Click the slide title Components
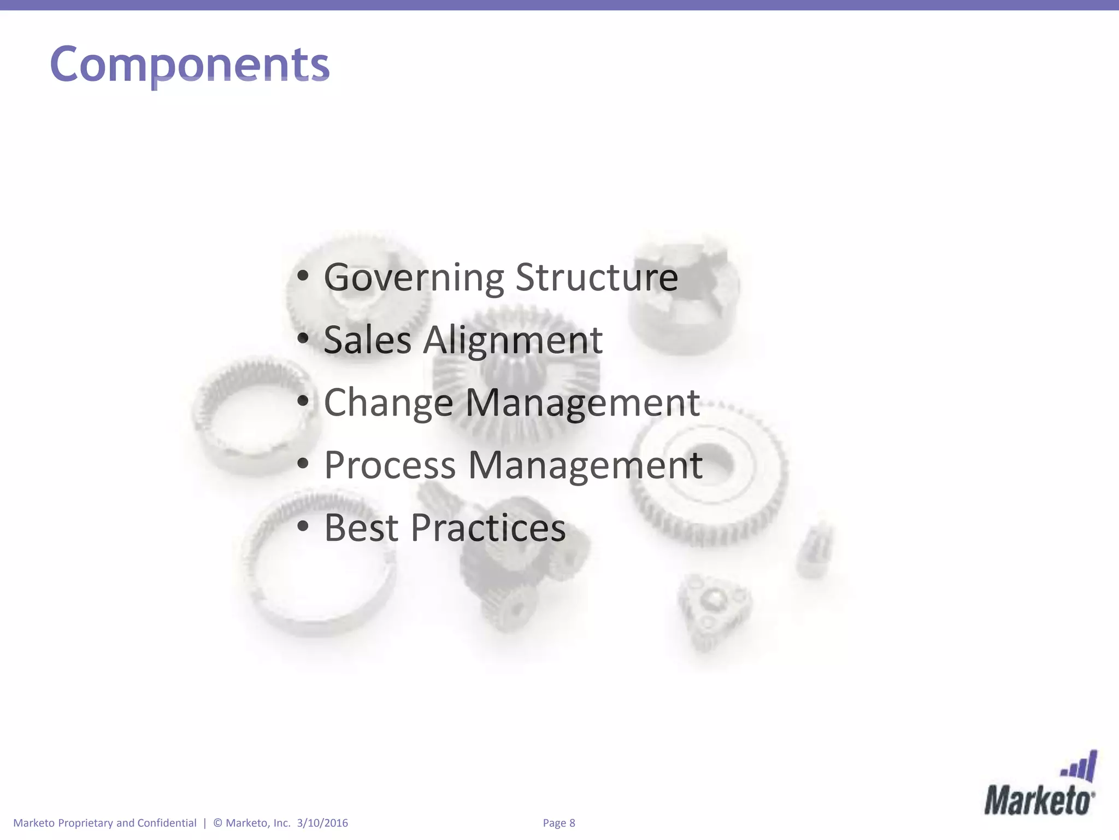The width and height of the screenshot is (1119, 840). point(190,65)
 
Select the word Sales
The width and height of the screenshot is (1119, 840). point(367,340)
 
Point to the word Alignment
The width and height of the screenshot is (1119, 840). point(513,341)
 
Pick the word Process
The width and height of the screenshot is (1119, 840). point(390,465)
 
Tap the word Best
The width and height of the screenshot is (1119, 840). point(361,528)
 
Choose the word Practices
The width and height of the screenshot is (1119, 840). point(488,528)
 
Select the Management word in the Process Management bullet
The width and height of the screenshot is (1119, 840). point(585,465)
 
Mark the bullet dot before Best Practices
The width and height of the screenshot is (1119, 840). point(303,527)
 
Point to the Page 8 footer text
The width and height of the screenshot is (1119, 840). point(559,823)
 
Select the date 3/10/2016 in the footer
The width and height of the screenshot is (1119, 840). point(322,823)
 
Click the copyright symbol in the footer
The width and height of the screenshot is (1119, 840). point(217,823)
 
